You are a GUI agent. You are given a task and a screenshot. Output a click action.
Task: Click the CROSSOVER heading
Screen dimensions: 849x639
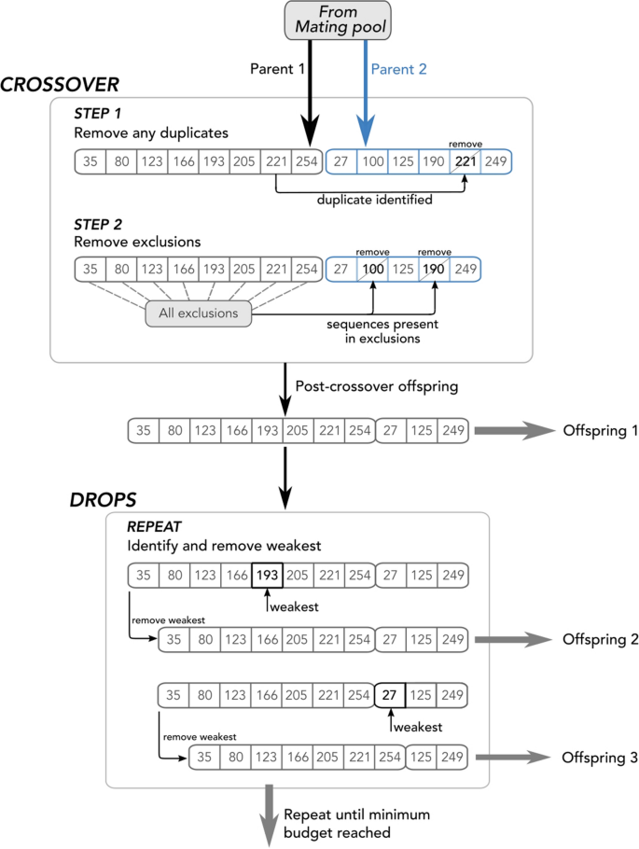pyautogui.click(x=60, y=85)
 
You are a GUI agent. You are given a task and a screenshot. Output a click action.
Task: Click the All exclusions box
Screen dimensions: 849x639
pyautogui.click(x=198, y=313)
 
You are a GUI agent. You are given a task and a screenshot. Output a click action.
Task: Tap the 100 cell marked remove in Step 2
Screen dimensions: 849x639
pyautogui.click(x=373, y=270)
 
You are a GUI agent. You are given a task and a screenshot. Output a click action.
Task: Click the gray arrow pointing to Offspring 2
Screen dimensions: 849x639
pyautogui.click(x=513, y=640)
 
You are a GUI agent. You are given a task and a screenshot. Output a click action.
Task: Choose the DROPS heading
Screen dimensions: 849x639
pyautogui.click(x=104, y=499)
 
